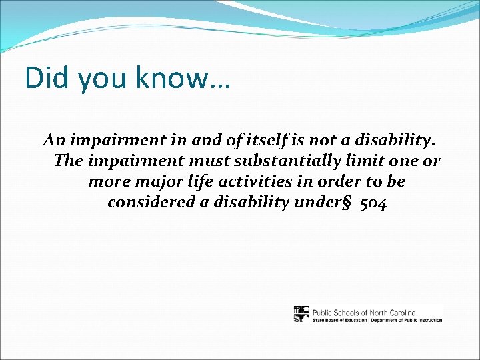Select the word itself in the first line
coord(291,141)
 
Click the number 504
coord(372,202)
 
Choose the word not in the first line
coord(350,141)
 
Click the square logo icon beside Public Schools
coord(301,314)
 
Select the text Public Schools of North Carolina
coord(363,311)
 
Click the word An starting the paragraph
coord(53,141)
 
